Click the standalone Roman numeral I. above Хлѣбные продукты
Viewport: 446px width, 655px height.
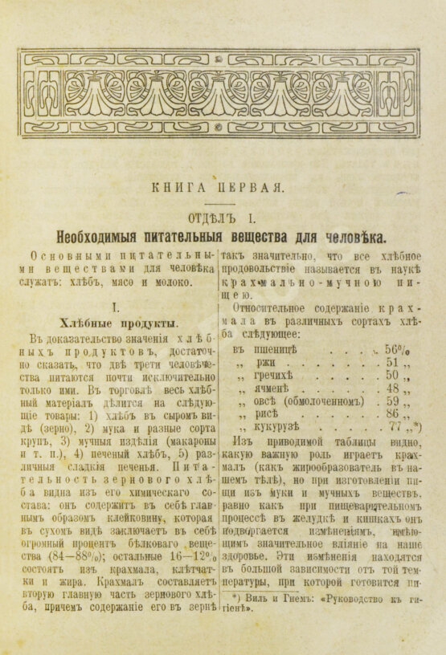[116, 307]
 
